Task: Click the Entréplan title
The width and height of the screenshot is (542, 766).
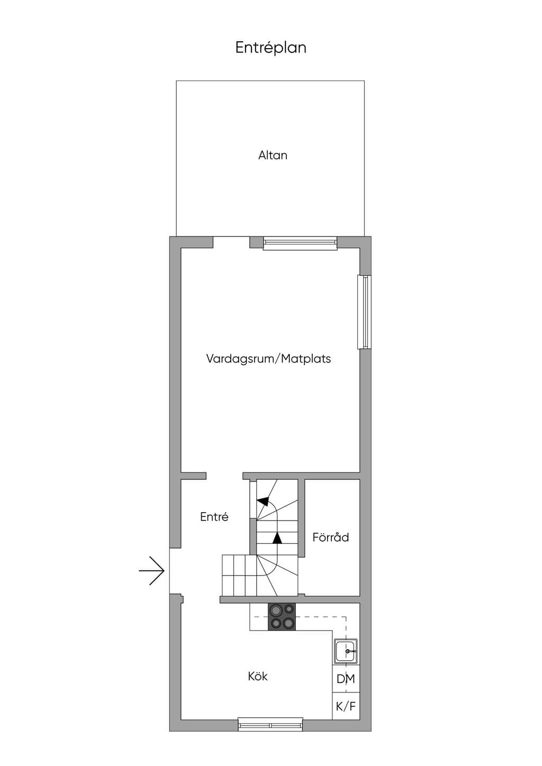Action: coord(270,48)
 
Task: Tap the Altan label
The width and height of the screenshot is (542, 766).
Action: coord(273,156)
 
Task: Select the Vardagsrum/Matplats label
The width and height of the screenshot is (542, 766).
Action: coord(268,359)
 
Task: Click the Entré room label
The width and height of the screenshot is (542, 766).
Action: coord(214,516)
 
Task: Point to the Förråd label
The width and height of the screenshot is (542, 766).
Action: coord(330,537)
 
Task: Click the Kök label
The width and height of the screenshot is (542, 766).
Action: coord(258,677)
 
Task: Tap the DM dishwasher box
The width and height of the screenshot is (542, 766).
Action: coord(346,679)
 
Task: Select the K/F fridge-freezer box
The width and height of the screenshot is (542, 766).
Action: coord(346,706)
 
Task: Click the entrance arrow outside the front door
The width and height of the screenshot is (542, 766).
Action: coord(152,571)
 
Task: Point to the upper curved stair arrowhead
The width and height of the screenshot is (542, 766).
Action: coord(263,501)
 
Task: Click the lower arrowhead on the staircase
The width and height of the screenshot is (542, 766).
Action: coord(277,538)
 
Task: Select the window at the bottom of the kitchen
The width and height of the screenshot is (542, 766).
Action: coord(270,725)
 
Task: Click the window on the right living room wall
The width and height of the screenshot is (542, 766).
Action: coord(364,312)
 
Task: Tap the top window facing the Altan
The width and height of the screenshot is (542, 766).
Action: coord(300,243)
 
